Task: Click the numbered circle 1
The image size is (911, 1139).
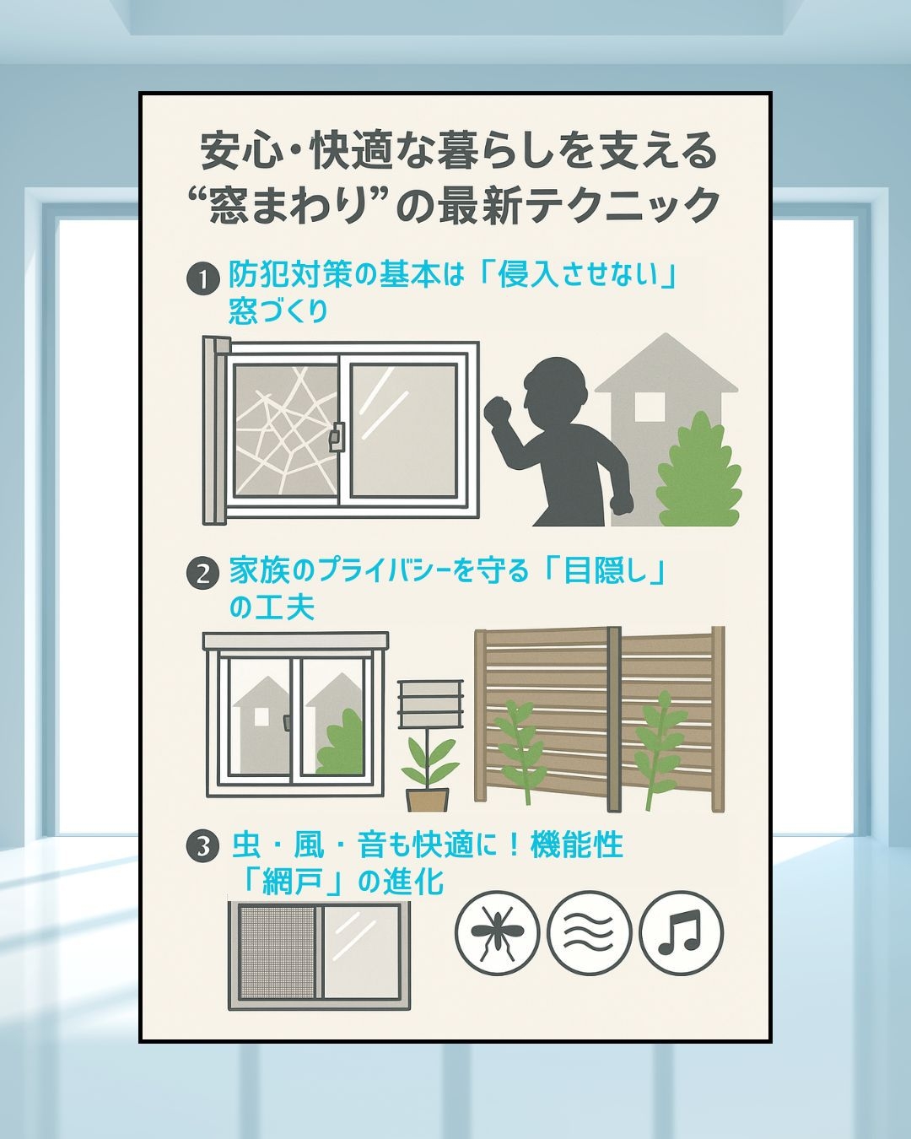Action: pyautogui.click(x=203, y=279)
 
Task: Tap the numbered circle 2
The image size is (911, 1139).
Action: pyautogui.click(x=203, y=575)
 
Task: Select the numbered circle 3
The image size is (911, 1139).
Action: pyautogui.click(x=203, y=847)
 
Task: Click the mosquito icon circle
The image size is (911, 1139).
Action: pyautogui.click(x=497, y=933)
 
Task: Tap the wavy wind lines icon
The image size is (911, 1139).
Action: pyautogui.click(x=589, y=933)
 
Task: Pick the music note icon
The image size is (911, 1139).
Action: pyautogui.click(x=682, y=933)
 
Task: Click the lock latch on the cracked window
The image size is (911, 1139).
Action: pyautogui.click(x=336, y=437)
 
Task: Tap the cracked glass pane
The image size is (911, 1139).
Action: pyautogui.click(x=285, y=431)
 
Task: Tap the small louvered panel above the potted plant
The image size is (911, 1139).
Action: pyautogui.click(x=430, y=704)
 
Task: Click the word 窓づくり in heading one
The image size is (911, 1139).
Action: pyautogui.click(x=278, y=311)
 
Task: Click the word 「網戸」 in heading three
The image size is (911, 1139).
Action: pyautogui.click(x=295, y=882)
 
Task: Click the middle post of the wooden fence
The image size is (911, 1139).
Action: pyautogui.click(x=614, y=720)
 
